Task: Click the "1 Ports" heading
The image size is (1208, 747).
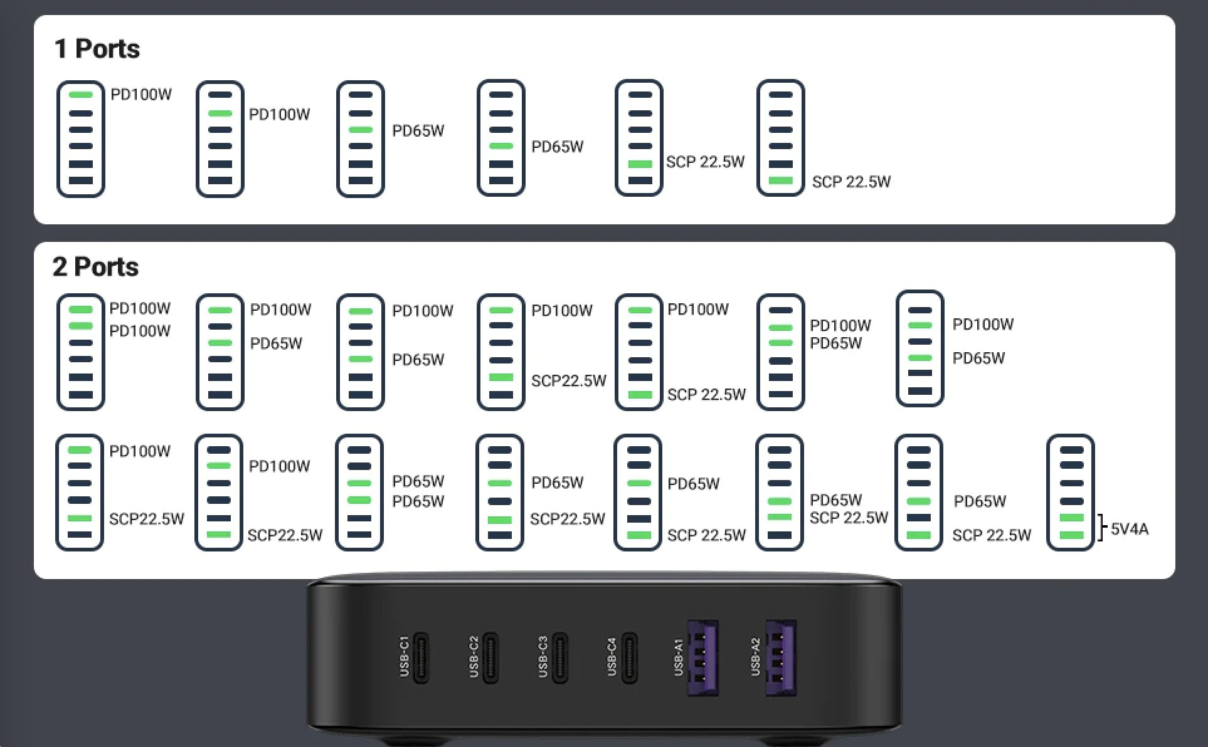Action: pos(97,49)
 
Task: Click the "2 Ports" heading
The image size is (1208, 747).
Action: pos(95,267)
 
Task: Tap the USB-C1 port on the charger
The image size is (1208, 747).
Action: pos(421,658)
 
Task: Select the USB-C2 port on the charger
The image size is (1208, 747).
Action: pos(490,658)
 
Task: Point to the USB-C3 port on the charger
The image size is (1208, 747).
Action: pos(560,658)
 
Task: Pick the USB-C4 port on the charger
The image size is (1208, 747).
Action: pos(629,658)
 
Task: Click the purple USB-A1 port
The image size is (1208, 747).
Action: pos(702,658)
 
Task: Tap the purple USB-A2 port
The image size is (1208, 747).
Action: pos(780,658)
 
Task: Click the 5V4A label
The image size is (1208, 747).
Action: pos(1130,530)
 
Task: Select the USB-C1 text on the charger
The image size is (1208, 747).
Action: pos(405,657)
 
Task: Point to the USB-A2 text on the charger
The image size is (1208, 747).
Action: pos(755,657)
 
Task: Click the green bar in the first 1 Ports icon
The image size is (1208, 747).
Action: pos(81,95)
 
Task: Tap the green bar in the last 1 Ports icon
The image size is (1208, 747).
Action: pos(781,180)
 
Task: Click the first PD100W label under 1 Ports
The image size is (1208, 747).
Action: pos(141,95)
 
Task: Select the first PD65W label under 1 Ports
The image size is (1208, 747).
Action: pos(418,131)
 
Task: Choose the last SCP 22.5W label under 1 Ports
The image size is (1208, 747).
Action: pos(851,182)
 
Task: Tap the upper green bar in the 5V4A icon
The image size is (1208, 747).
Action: pos(1071,518)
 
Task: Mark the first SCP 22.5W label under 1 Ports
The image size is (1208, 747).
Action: pos(705,162)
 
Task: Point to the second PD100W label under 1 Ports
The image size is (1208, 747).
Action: pos(280,115)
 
